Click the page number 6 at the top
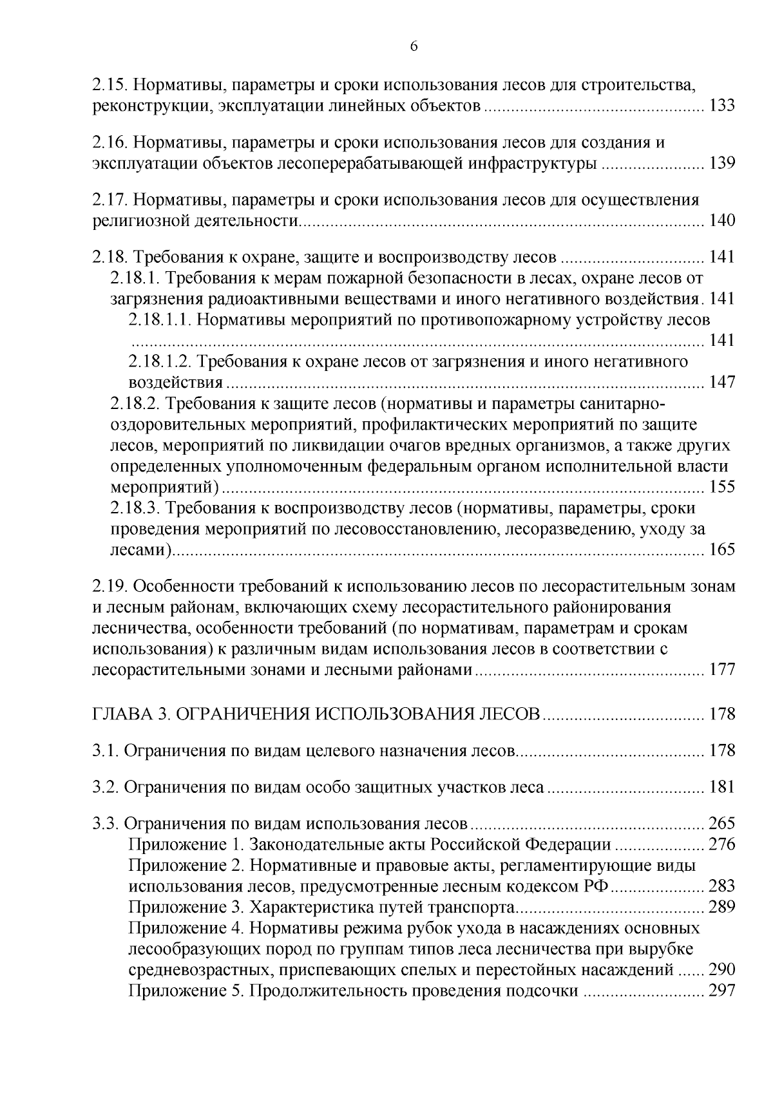pyautogui.click(x=414, y=46)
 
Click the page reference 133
pyautogui.click(x=721, y=106)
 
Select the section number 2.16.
pyautogui.click(x=110, y=142)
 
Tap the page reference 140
pyautogui.click(x=721, y=221)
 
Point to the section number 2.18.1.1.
pyautogui.click(x=158, y=320)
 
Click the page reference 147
pyautogui.click(x=721, y=382)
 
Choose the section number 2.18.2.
pyautogui.click(x=134, y=404)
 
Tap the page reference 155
pyautogui.click(x=721, y=486)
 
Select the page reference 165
pyautogui.click(x=721, y=549)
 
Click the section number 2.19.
pyautogui.click(x=110, y=587)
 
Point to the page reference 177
pyautogui.click(x=721, y=669)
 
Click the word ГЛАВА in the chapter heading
pyautogui.click(x=120, y=714)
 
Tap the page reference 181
pyautogui.click(x=721, y=787)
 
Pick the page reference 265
pyautogui.click(x=721, y=824)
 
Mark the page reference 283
pyautogui.click(x=721, y=886)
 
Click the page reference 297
pyautogui.click(x=721, y=991)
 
